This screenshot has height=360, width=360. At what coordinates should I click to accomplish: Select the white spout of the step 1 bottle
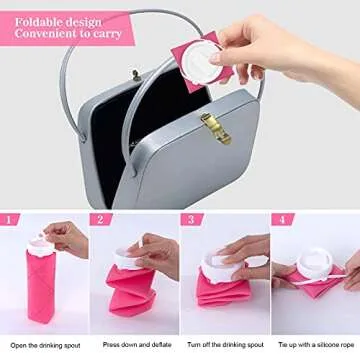click(x=39, y=239)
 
